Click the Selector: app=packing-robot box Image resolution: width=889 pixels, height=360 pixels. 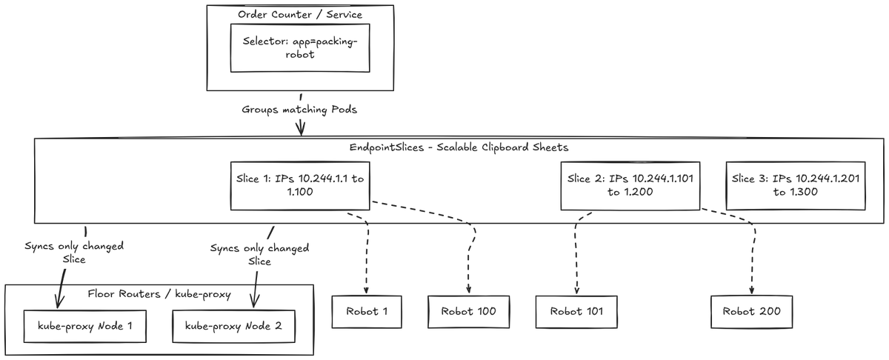[x=300, y=48]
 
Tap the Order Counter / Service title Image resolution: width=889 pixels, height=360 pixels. [x=300, y=15]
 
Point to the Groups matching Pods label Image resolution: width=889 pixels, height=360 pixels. [x=299, y=110]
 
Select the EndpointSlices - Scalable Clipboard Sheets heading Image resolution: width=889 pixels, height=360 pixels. [x=459, y=147]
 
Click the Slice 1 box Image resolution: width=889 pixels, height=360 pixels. [x=300, y=186]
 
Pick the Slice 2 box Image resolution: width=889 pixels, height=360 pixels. [x=630, y=186]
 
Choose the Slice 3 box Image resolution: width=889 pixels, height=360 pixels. [x=796, y=186]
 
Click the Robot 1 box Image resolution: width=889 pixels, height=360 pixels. [x=367, y=312]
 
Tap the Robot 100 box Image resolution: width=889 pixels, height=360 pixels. [x=469, y=312]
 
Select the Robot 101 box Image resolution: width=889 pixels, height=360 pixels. [x=576, y=312]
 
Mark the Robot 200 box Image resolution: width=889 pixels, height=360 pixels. [x=752, y=312]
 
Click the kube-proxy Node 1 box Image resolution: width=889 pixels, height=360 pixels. [x=85, y=326]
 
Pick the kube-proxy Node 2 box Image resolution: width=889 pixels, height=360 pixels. [x=234, y=326]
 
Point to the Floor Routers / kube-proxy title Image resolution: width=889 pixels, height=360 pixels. [x=159, y=294]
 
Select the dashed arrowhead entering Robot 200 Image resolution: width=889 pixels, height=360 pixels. [x=752, y=291]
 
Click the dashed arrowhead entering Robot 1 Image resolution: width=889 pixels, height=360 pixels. [x=366, y=291]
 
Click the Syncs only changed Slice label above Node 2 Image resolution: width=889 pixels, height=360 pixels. [x=259, y=255]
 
